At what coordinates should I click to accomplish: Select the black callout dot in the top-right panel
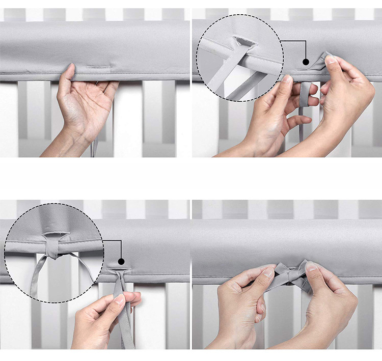pyautogui.click(x=306, y=62)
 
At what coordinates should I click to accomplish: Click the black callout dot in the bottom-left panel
pyautogui.click(x=122, y=261)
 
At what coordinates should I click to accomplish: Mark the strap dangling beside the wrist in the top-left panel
pyautogui.click(x=94, y=148)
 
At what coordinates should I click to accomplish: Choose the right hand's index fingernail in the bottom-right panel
pyautogui.click(x=312, y=267)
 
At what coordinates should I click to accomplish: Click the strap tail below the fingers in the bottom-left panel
pyautogui.click(x=125, y=331)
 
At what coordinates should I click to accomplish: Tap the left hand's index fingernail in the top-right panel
pyautogui.click(x=288, y=79)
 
